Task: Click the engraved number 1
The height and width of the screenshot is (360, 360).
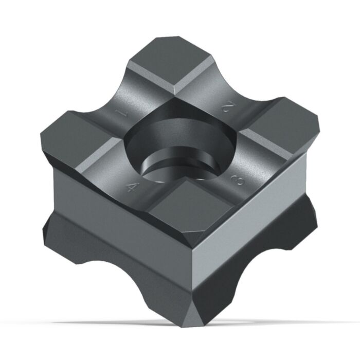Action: coord(121,113)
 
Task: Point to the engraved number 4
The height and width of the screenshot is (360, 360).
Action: coord(131,186)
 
